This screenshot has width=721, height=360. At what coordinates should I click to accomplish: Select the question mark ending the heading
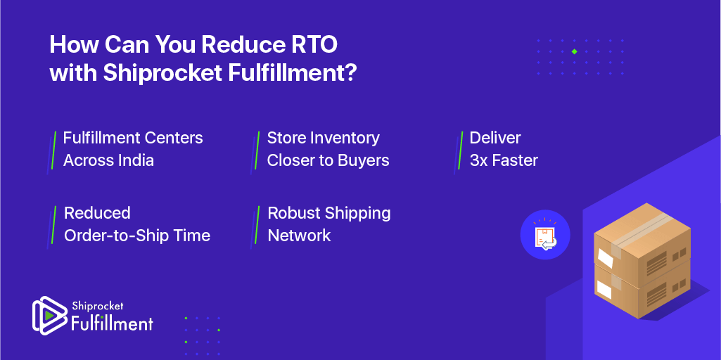tap(350, 73)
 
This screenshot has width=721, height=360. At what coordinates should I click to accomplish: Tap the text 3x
tap(479, 160)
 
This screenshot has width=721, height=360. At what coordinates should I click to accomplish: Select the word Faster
tap(516, 160)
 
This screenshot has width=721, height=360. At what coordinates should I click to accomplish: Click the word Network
tap(299, 236)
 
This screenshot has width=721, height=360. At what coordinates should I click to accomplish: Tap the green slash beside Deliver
tap(460, 150)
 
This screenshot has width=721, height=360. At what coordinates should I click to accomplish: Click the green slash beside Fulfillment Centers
tap(53, 150)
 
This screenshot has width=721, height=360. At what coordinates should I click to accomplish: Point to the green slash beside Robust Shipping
tap(257, 225)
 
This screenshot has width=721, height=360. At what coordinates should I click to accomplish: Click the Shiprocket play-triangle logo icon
tap(50, 316)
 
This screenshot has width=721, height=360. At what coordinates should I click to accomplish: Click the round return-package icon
tap(545, 234)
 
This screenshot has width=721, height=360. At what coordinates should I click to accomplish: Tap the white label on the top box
tap(605, 258)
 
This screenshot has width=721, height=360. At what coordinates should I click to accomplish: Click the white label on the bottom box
tap(604, 290)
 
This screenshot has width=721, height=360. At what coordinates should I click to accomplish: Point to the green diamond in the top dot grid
tap(574, 51)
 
